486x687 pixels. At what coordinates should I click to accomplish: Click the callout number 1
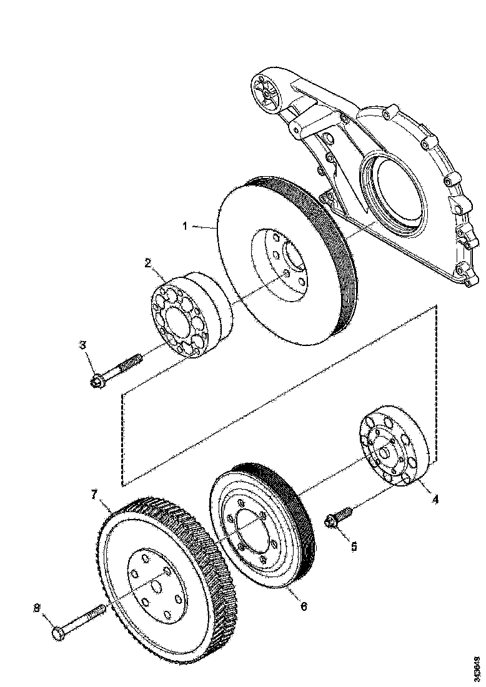(x=185, y=226)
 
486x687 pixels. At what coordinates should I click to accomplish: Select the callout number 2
(x=148, y=263)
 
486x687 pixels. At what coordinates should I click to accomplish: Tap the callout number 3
(x=82, y=345)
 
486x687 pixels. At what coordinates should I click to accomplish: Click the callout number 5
(x=354, y=546)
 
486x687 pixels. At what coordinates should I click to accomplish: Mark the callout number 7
(x=94, y=495)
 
